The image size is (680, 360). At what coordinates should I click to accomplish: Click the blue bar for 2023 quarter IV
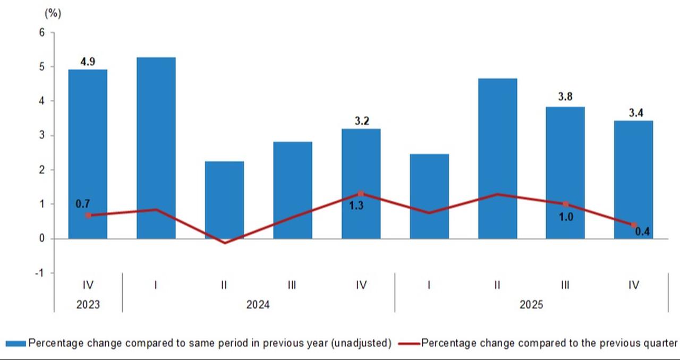[x=88, y=154]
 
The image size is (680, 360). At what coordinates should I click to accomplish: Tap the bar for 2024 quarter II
[x=224, y=200]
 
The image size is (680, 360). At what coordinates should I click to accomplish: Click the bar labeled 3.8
[x=565, y=173]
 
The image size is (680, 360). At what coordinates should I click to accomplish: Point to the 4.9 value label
[x=88, y=62]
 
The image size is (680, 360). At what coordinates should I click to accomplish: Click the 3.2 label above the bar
[x=361, y=121]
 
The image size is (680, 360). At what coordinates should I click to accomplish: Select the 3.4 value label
[x=634, y=113]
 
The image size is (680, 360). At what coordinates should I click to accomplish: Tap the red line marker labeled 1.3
[x=361, y=194]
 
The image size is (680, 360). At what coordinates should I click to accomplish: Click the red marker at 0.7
[x=88, y=215]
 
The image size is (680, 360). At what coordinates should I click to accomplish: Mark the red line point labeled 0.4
[x=634, y=225]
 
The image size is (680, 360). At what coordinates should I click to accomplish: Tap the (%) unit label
[x=53, y=14]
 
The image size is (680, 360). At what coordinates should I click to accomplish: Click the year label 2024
[x=258, y=305]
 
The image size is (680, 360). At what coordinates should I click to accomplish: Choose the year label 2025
[x=531, y=305]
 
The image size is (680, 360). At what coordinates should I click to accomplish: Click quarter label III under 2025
[x=565, y=285]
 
